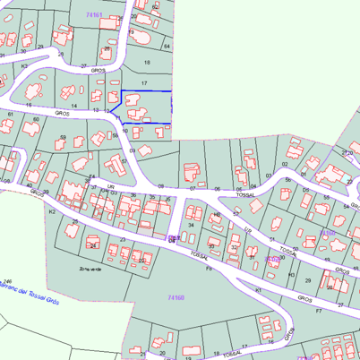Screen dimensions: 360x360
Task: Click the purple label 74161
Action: [95, 15]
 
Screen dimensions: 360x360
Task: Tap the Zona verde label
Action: [89, 268]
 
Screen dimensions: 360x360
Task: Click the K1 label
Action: [258, 290]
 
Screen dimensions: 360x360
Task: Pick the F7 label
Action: [318, 311]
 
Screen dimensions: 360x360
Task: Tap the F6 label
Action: [209, 268]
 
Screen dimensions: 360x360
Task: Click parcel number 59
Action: [63, 137]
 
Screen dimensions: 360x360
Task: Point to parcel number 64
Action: [167, 45]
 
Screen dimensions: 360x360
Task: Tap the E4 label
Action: [91, 176]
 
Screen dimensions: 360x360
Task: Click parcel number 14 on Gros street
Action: [74, 106]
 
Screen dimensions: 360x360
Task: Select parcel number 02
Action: [284, 165]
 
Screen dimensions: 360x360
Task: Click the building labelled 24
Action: [92, 244]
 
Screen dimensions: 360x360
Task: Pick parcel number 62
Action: [154, 6]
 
